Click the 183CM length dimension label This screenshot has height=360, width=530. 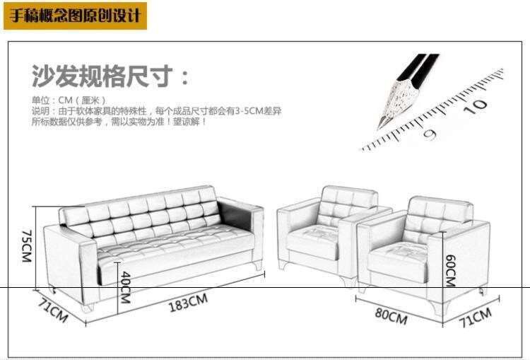click(187, 303)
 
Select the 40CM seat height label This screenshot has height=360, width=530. click(125, 287)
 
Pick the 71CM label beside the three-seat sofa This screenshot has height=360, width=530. click(51, 311)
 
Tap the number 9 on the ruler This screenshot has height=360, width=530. click(429, 132)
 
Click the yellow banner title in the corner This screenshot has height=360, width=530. click(75, 15)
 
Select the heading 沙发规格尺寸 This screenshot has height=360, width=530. click(110, 75)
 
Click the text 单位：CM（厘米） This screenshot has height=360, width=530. click(69, 100)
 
